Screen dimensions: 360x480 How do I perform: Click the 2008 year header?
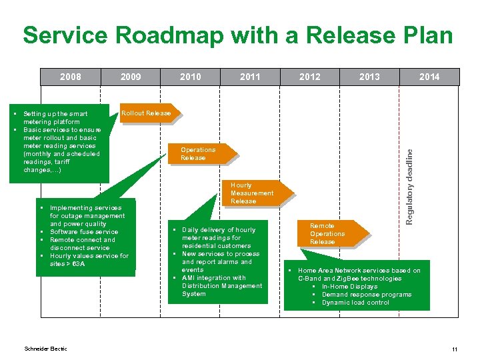click(71, 77)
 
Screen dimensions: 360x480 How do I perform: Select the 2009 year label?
click(131, 77)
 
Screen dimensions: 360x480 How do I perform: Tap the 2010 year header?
click(191, 77)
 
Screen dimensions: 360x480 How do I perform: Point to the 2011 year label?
click(250, 77)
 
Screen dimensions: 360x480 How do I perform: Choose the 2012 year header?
click(310, 77)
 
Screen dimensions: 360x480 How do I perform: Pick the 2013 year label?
click(369, 77)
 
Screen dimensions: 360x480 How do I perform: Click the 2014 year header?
click(429, 77)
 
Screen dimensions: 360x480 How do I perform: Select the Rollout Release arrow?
click(147, 113)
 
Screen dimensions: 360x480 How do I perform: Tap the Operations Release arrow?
click(199, 154)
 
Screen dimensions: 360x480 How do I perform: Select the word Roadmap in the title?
click(177, 35)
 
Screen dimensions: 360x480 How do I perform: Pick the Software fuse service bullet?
click(84, 232)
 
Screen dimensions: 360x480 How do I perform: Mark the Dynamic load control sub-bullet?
click(355, 303)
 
